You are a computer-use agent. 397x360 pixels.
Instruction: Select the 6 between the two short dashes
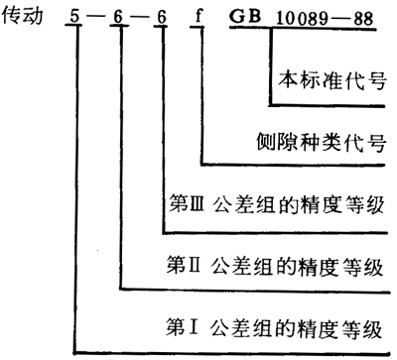coord(119,17)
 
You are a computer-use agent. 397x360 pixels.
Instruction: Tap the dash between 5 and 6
coord(97,18)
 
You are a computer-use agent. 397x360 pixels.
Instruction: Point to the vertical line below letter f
coord(202,99)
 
